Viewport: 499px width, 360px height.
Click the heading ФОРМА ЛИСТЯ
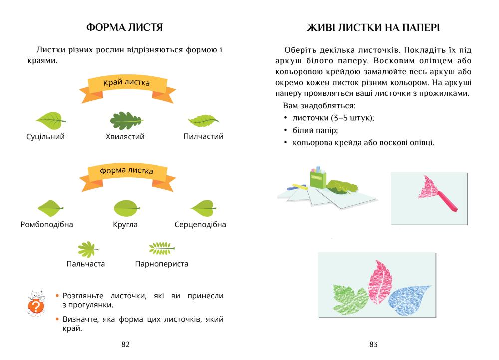click(x=125, y=27)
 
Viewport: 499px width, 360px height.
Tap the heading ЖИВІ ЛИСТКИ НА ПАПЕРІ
click(x=373, y=27)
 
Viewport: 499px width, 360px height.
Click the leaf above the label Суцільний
click(x=50, y=119)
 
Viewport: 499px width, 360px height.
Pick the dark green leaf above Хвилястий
click(x=126, y=120)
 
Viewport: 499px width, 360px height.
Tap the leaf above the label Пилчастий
click(x=203, y=120)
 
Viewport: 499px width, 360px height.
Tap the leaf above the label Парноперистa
click(x=161, y=248)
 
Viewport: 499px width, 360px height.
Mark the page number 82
click(x=125, y=344)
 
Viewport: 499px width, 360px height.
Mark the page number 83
click(x=373, y=344)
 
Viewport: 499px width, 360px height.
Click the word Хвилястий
click(x=125, y=137)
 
